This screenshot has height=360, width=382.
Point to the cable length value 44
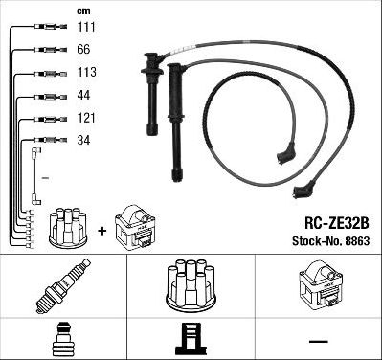pos(84,96)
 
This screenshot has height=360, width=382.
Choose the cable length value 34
pos(84,140)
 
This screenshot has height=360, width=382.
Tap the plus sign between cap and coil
pos(101,231)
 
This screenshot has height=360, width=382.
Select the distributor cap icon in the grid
pos(190,284)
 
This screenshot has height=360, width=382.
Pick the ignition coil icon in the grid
pos(319,284)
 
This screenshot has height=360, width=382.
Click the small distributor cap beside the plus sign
pos(69,226)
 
